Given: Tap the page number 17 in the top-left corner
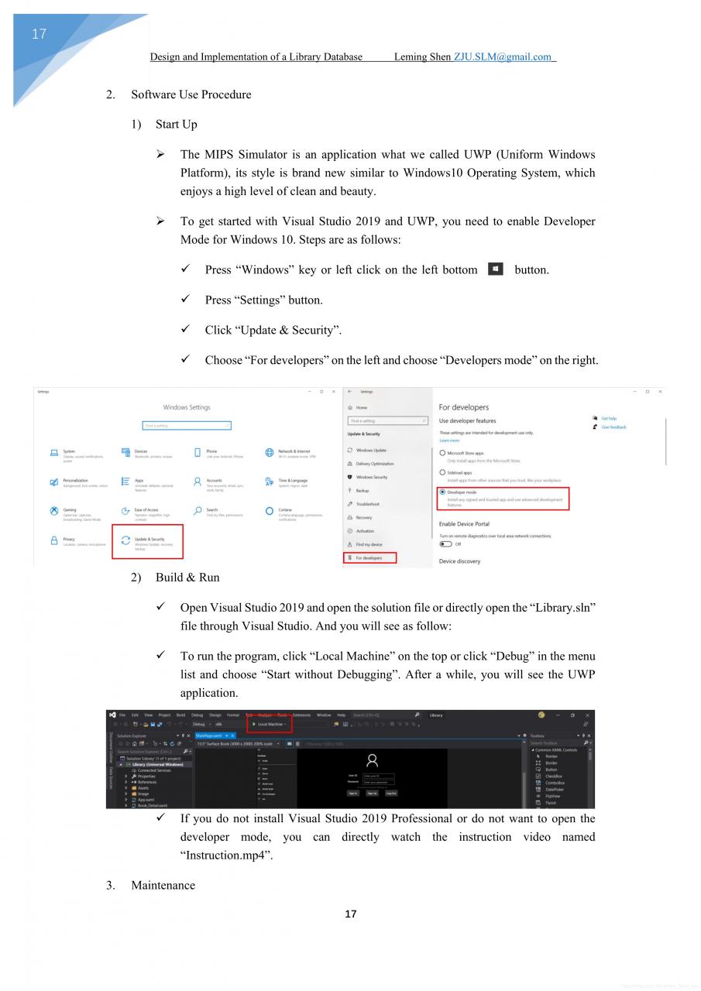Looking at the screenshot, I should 39,34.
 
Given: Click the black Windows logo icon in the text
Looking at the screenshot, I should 496,269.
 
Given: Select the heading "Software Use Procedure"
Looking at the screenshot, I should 191,94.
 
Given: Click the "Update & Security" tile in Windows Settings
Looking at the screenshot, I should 148,541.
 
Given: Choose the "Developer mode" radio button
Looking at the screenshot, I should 442,492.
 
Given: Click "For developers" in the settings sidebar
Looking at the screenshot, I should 370,557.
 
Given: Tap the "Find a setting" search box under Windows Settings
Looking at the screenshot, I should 187,425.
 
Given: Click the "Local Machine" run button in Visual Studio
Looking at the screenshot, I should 270,724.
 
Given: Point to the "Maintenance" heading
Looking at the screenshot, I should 163,885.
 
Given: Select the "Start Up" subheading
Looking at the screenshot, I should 176,124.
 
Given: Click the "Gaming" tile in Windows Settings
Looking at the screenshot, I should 70,513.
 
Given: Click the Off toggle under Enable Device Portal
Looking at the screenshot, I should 445,544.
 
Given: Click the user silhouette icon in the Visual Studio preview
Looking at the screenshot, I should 372,760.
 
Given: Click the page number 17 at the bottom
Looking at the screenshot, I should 350,914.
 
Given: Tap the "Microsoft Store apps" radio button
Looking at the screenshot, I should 442,453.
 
